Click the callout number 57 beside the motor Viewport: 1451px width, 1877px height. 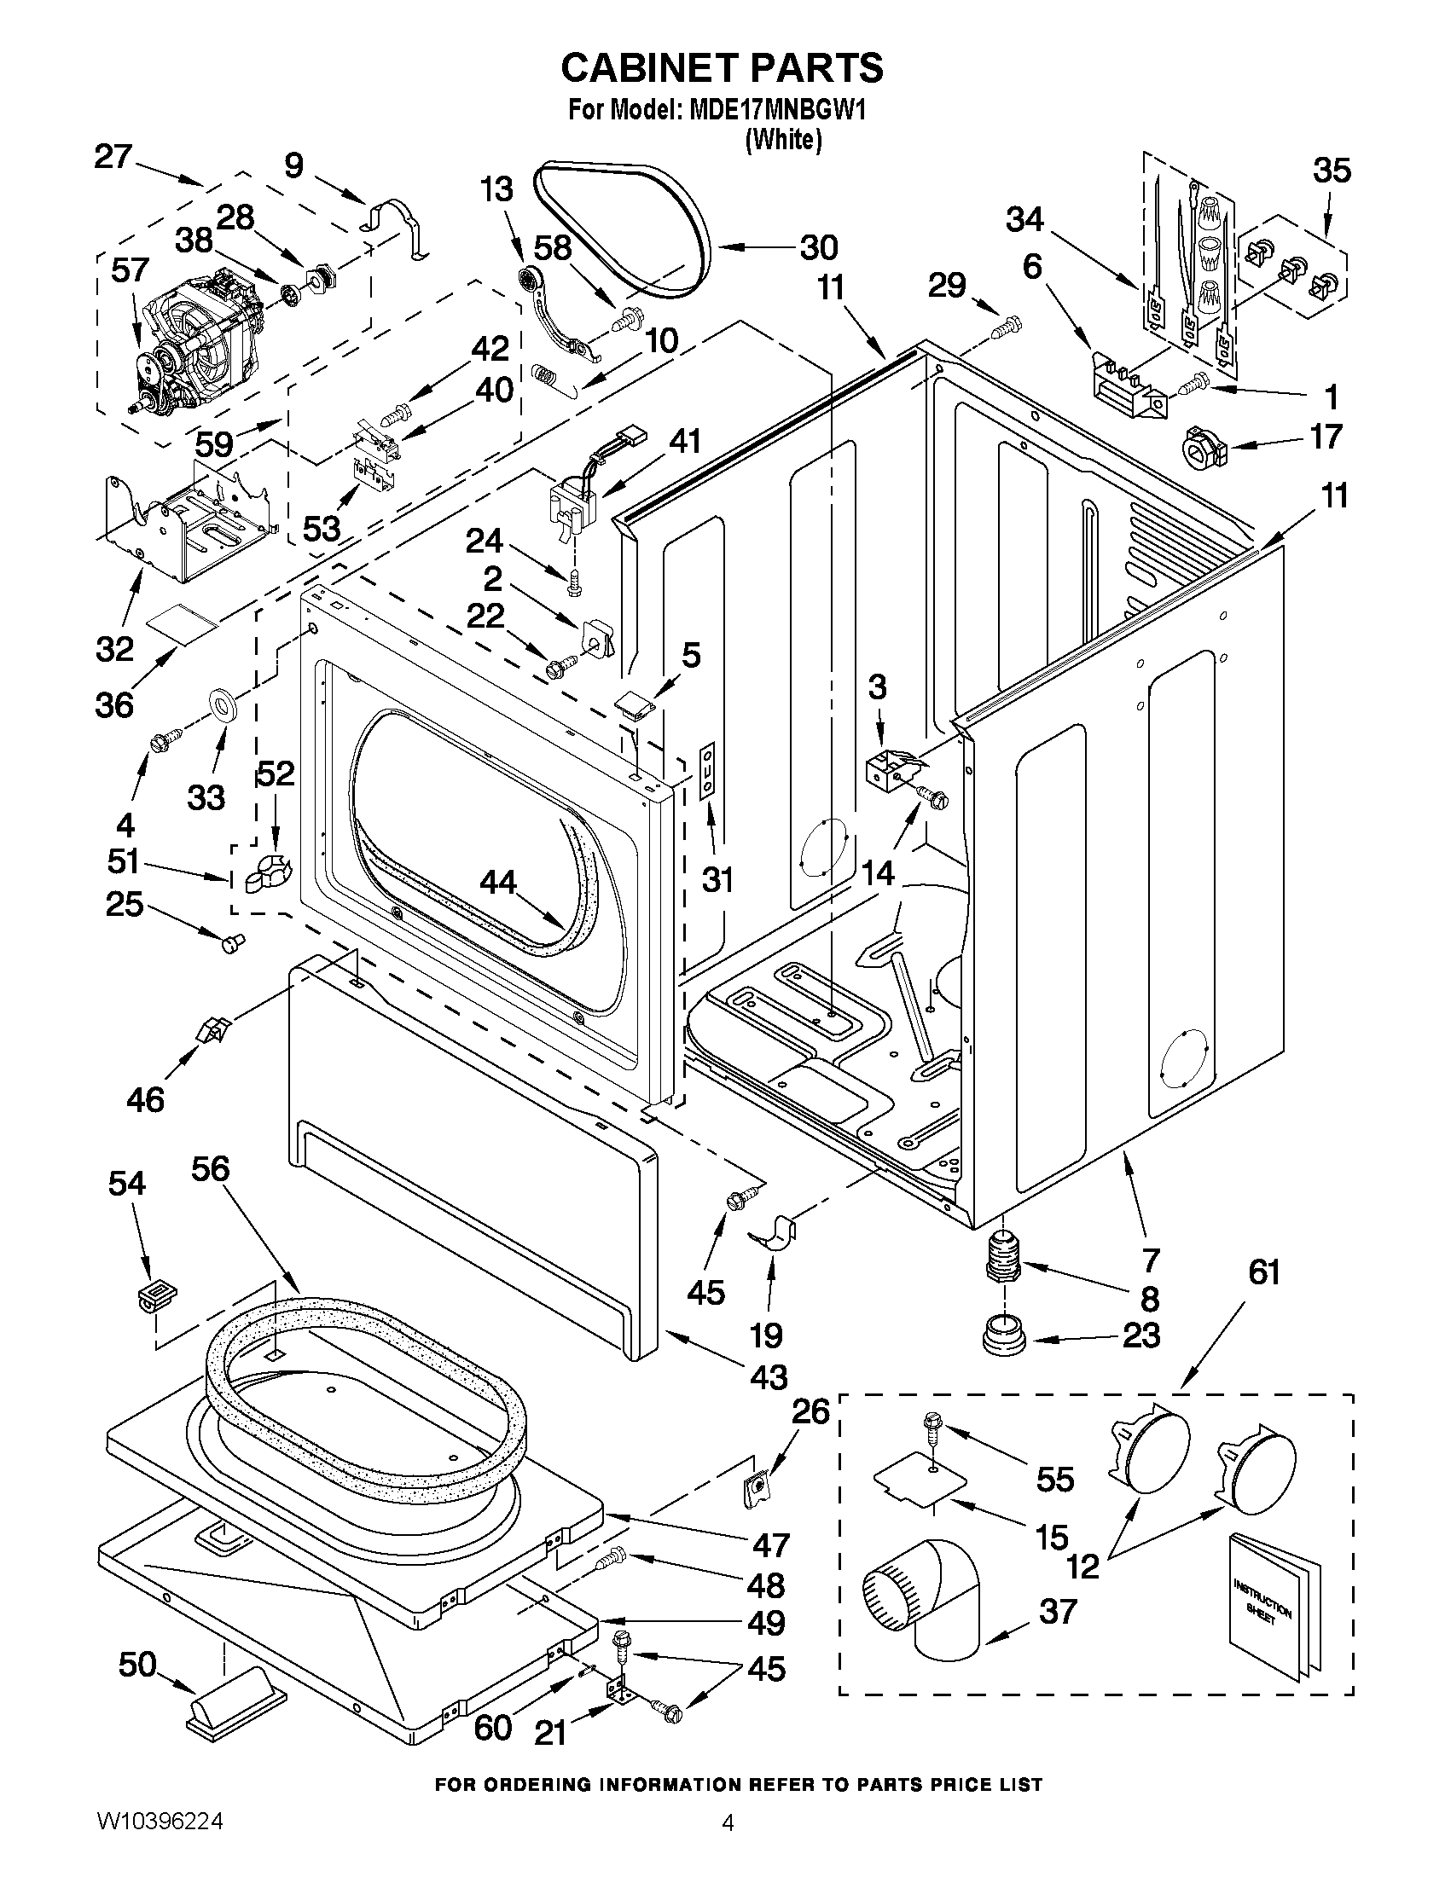click(x=131, y=270)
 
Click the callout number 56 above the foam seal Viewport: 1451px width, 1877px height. click(x=211, y=1169)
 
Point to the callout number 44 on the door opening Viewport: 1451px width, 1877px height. click(x=498, y=882)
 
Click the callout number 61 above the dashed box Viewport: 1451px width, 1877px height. click(x=1263, y=1272)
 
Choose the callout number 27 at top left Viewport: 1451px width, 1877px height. click(x=113, y=157)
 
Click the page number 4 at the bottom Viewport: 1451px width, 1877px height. click(x=728, y=1846)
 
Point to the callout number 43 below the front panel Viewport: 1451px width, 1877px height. click(x=769, y=1376)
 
